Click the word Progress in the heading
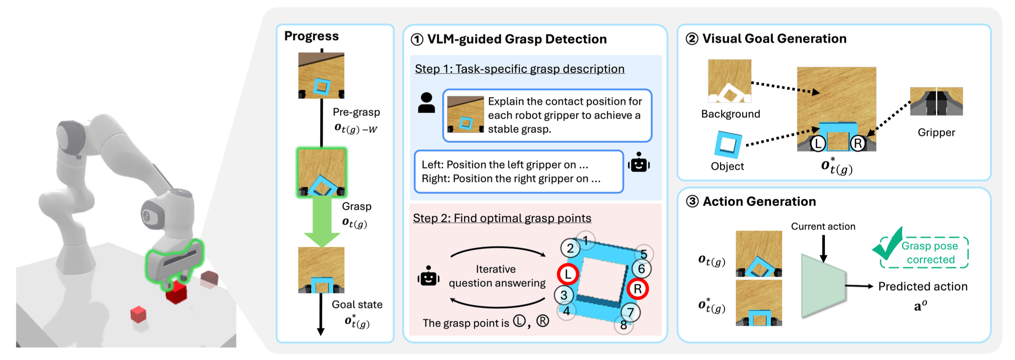pos(311,36)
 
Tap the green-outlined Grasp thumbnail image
pos(321,172)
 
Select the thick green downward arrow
pos(322,222)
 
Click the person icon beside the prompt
pos(426,103)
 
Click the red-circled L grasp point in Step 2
pos(568,274)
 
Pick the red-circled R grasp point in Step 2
pos(637,289)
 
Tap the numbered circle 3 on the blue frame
pos(564,295)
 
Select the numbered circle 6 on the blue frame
pos(641,269)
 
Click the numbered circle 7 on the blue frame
pos(630,312)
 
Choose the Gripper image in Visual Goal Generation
pos(936,101)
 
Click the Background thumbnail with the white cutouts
pos(730,81)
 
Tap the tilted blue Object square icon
pos(728,144)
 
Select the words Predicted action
pos(923,287)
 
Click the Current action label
pos(823,227)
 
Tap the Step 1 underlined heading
pos(519,69)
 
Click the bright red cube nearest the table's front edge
pos(138,315)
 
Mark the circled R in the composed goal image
pos(858,143)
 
